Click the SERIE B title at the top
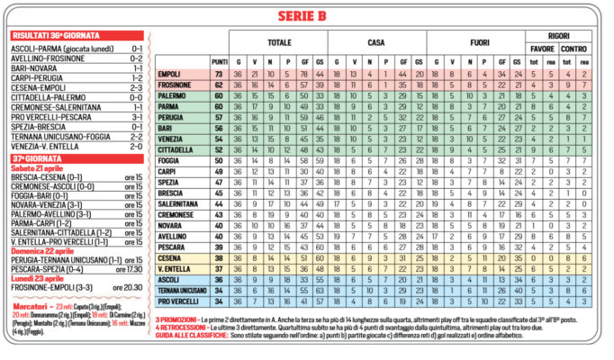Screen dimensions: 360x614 [305, 16]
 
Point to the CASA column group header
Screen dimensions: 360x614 [377, 42]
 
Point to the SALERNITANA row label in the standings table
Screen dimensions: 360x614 [176, 204]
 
